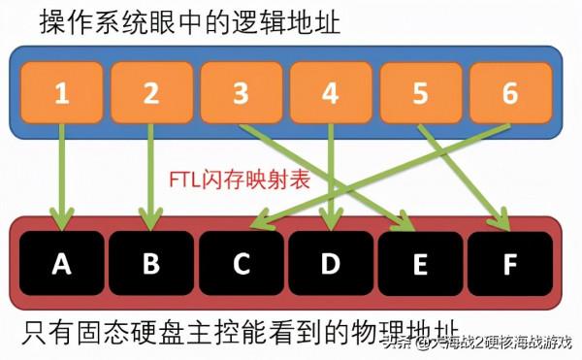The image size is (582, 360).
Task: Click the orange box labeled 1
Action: (x=61, y=94)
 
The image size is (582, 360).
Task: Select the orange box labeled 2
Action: (x=150, y=94)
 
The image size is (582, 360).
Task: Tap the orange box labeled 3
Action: (x=240, y=94)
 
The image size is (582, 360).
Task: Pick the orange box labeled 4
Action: (x=330, y=94)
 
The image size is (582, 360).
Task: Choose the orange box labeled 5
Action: (x=419, y=94)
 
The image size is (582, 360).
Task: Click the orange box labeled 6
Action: (x=509, y=94)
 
